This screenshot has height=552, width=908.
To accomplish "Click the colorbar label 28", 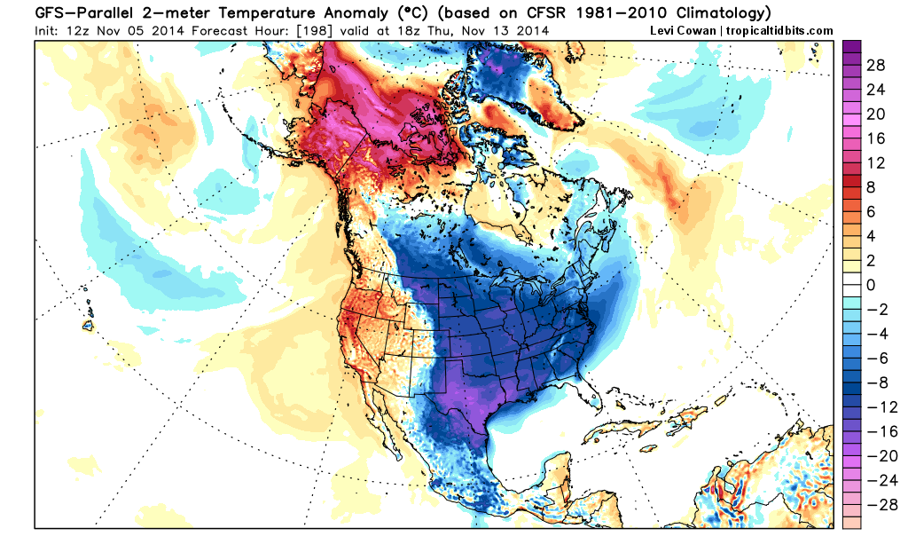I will click(x=874, y=67).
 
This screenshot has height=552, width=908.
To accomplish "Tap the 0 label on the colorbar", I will click(x=869, y=285).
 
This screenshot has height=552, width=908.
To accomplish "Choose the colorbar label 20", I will click(x=874, y=114).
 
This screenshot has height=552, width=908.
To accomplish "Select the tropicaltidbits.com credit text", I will click(x=780, y=30).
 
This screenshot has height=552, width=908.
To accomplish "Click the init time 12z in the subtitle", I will click(x=73, y=30).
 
